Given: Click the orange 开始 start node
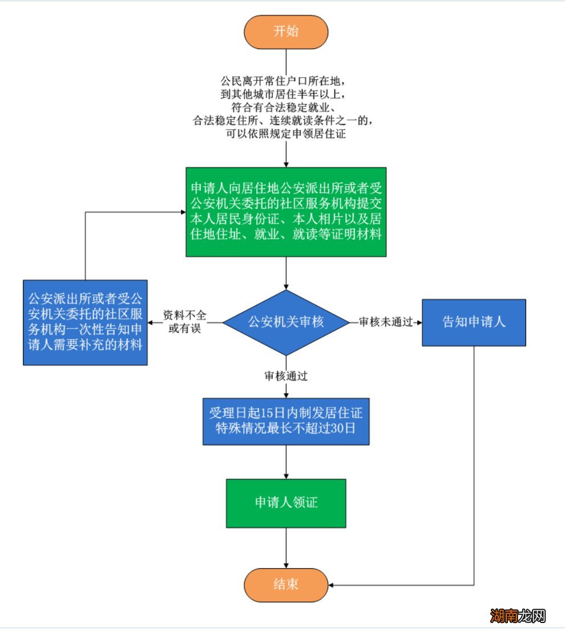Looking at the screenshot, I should pyautogui.click(x=286, y=32).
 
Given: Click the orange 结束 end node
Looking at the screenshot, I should pyautogui.click(x=286, y=585).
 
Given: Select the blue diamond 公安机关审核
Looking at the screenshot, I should pyautogui.click(x=286, y=323).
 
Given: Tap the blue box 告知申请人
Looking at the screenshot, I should pyautogui.click(x=474, y=323).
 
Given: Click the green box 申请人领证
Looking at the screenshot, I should pyautogui.click(x=286, y=503).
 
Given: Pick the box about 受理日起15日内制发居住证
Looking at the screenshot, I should pyautogui.click(x=286, y=421).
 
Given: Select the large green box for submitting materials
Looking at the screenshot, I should pyautogui.click(x=286, y=212).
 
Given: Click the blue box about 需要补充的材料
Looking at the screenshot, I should pyautogui.click(x=85, y=323).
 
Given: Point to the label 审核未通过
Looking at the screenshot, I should pyautogui.click(x=386, y=323).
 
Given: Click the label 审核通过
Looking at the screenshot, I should pyautogui.click(x=286, y=376).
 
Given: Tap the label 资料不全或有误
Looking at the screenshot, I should pyautogui.click(x=184, y=323).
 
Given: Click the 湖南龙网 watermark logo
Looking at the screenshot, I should pyautogui.click(x=518, y=616).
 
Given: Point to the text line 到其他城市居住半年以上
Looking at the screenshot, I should pyautogui.click(x=285, y=93).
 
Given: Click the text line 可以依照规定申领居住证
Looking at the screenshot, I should pyautogui.click(x=285, y=134).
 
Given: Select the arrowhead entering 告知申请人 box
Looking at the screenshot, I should pyautogui.click(x=419, y=323).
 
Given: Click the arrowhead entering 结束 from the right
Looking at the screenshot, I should pyautogui.click(x=332, y=585).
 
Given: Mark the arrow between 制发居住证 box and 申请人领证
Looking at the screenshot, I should pyautogui.click(x=286, y=461).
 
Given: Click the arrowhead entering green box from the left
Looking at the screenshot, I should pyautogui.click(x=182, y=212).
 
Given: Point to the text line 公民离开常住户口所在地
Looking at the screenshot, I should pyautogui.click(x=285, y=79).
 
